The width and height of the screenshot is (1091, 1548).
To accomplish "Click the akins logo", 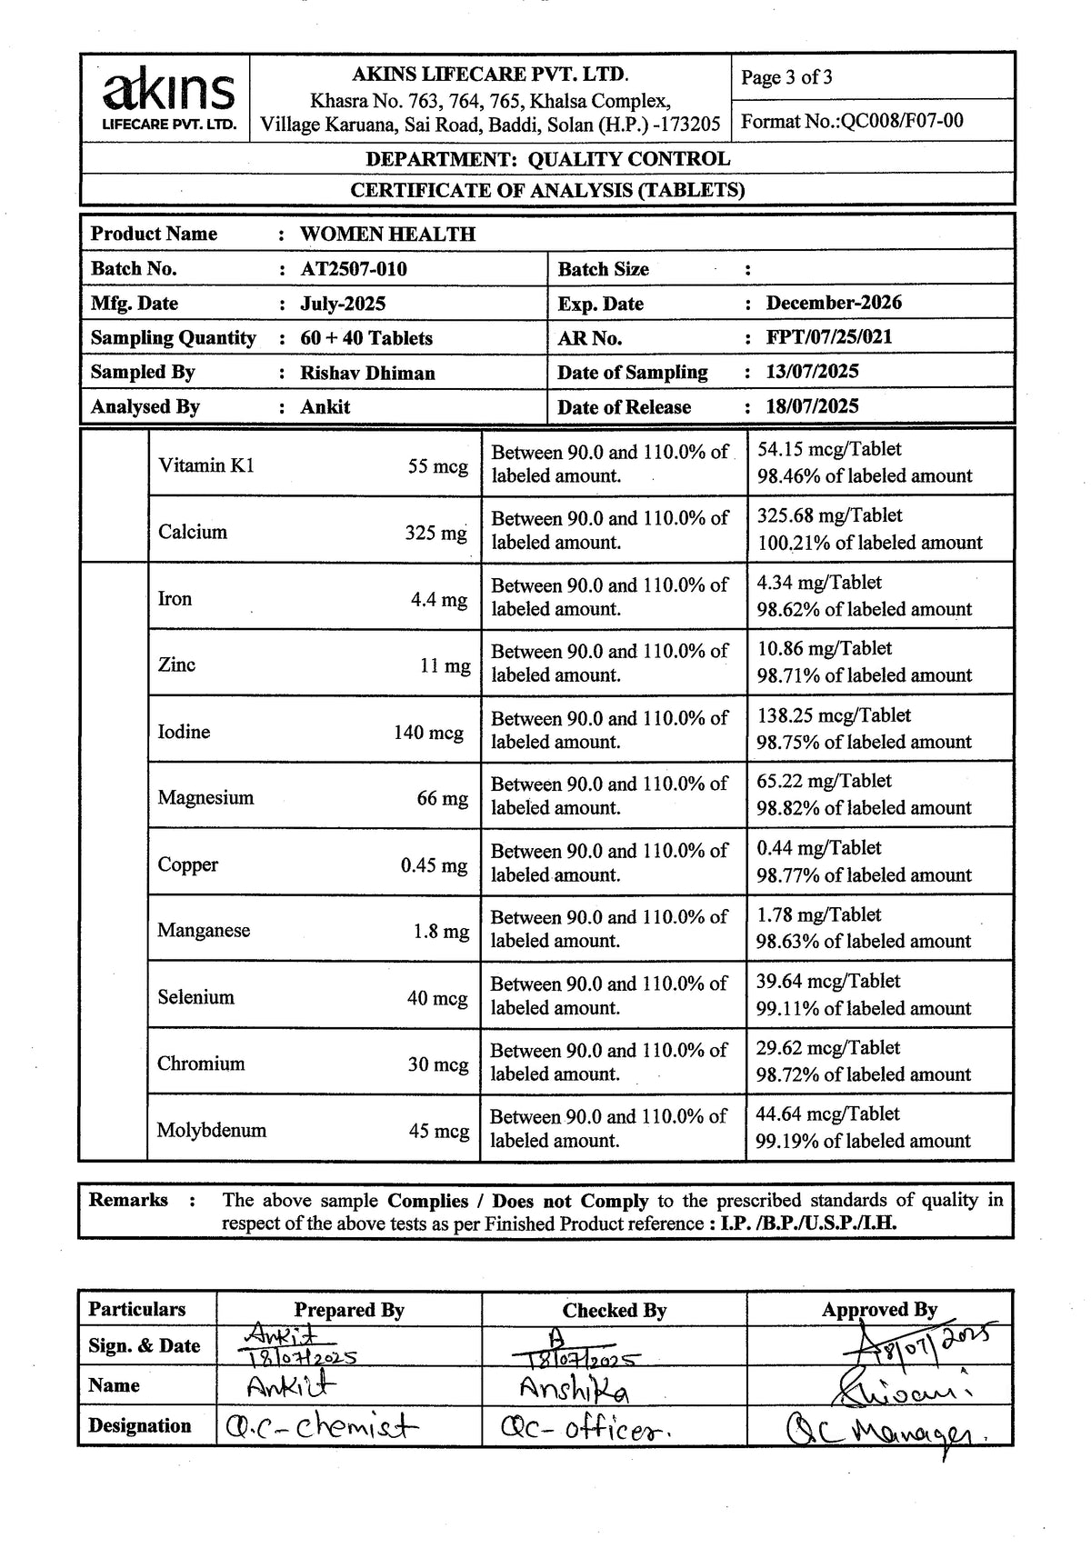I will (170, 98).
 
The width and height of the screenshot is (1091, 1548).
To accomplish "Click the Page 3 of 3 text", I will (786, 77).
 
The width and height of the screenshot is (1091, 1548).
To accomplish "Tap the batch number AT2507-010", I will (354, 269).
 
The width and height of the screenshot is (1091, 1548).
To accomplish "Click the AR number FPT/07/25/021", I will (828, 337).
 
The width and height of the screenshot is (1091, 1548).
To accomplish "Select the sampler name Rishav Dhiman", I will (367, 373).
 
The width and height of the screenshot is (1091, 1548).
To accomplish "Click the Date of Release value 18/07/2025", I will (812, 406).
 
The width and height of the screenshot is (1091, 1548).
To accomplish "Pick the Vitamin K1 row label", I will (206, 465).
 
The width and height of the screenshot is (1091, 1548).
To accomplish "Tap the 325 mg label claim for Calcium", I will (435, 533).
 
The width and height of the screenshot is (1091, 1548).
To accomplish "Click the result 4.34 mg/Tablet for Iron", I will (819, 583).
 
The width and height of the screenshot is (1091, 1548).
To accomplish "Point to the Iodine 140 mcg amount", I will (428, 733).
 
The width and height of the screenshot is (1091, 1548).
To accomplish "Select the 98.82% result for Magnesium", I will (864, 808).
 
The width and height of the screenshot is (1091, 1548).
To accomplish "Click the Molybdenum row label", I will (212, 1131).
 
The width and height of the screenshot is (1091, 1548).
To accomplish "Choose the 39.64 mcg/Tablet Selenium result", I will (827, 982).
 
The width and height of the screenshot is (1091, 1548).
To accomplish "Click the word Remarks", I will (128, 1200).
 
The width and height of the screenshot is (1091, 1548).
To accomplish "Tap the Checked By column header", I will (614, 1311).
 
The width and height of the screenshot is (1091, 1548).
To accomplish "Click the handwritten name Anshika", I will (574, 1389).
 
